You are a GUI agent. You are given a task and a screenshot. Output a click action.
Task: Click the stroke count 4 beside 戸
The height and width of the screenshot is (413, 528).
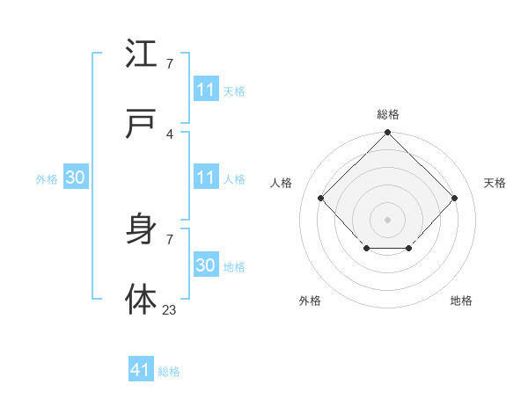coord(170,134)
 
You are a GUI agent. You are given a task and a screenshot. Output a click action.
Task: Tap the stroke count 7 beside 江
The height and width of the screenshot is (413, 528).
coord(170,63)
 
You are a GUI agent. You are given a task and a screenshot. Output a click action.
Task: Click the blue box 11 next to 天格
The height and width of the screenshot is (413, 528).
coord(205,90)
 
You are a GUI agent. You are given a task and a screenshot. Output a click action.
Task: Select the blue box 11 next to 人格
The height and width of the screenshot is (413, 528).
coord(205,178)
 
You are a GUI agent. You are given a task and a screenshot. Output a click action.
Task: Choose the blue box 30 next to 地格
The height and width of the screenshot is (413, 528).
coord(205,265)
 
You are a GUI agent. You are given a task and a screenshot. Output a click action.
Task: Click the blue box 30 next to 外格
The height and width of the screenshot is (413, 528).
coord(75,178)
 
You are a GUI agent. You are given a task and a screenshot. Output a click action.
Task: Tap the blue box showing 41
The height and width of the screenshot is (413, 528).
coord(141,371)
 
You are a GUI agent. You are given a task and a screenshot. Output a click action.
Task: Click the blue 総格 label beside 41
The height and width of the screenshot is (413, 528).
coord(169,372)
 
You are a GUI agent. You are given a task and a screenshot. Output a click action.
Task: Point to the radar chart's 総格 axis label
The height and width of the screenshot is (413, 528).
coord(388,114)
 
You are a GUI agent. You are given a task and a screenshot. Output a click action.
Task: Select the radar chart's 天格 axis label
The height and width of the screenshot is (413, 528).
coord(495,183)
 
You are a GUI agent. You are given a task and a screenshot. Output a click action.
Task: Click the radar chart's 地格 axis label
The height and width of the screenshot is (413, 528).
coord(461,301)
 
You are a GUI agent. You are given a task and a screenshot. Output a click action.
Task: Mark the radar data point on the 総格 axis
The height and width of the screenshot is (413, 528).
coord(388,134)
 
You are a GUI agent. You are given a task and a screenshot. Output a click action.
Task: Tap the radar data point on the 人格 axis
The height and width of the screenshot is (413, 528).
coord(321,198)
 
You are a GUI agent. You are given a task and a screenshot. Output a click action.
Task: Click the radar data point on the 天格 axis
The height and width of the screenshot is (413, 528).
coord(455,198)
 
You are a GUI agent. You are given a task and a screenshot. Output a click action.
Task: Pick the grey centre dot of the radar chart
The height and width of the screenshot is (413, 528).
coord(388,219)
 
